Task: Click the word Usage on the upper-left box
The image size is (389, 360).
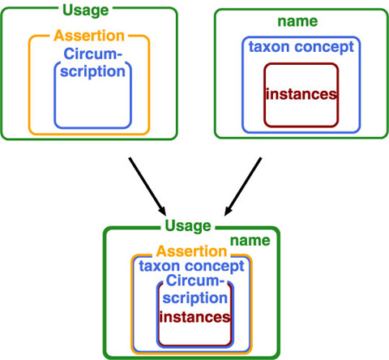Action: [x=86, y=11]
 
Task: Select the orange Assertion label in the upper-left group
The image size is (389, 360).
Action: [x=89, y=36]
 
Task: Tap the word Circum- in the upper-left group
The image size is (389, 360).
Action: [x=93, y=54]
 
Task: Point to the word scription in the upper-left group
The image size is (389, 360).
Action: [x=92, y=72]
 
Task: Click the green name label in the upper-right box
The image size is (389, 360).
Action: [x=297, y=21]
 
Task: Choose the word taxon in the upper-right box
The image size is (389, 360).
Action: [x=269, y=47]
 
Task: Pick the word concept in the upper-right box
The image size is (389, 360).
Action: [x=324, y=48]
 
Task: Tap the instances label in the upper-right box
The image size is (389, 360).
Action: [x=301, y=94]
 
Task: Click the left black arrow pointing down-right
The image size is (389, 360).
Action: [x=147, y=186]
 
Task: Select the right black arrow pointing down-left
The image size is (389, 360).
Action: [x=243, y=186]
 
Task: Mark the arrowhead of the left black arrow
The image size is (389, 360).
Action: [x=163, y=211]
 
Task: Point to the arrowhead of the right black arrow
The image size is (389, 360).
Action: [x=228, y=211]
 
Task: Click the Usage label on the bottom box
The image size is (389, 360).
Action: [x=188, y=226]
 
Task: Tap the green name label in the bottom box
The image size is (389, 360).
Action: [x=250, y=241]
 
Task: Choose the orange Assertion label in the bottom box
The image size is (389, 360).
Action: [x=191, y=251]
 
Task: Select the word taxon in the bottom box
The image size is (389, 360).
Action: [x=160, y=266]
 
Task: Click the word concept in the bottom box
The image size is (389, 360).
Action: [x=215, y=267]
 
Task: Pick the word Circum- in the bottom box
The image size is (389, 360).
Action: [x=195, y=281]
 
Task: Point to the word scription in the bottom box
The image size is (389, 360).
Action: [x=195, y=298]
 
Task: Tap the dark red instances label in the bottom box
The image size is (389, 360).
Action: [x=194, y=317]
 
